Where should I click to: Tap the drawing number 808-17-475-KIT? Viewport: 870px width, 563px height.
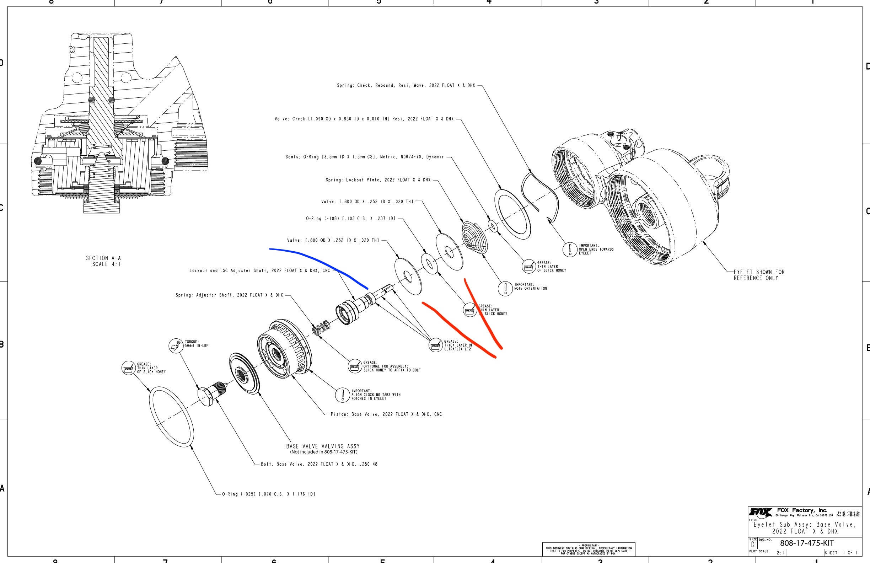[x=807, y=543]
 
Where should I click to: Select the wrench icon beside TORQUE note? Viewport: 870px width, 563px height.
[x=176, y=345]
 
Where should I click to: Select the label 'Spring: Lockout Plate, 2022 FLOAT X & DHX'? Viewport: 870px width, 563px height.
[x=378, y=180]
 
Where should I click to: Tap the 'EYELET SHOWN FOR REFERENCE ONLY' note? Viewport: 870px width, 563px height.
[x=759, y=275]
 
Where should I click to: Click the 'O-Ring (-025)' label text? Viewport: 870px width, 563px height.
[x=269, y=494]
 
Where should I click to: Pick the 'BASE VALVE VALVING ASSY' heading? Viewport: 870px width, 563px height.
[x=323, y=446]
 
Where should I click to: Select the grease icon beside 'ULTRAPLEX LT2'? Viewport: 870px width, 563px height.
[x=435, y=345]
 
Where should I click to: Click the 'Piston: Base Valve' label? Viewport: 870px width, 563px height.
[x=386, y=414]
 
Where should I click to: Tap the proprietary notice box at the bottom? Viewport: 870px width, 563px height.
[x=589, y=549]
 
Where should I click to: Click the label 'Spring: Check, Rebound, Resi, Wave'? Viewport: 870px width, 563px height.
[x=406, y=86]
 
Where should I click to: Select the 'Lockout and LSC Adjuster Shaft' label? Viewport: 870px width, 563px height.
[x=259, y=271]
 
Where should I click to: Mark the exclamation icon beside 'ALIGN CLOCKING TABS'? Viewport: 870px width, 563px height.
[x=343, y=395]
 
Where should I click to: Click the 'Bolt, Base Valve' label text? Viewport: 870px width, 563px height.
[x=319, y=464]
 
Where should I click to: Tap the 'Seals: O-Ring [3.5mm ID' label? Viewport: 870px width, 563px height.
[x=364, y=157]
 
